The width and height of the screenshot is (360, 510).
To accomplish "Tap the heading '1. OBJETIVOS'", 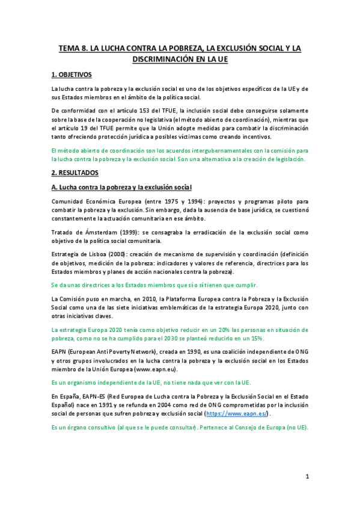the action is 72,75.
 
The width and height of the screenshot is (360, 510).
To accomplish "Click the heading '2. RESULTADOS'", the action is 74,172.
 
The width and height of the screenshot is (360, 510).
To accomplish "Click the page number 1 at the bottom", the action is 307,476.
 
